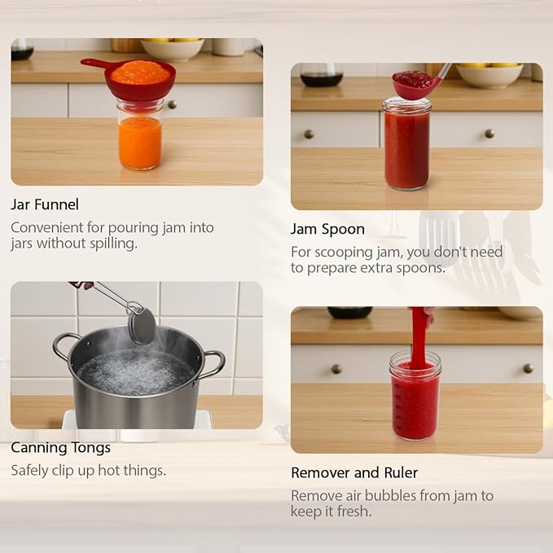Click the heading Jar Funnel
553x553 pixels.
pos(45,204)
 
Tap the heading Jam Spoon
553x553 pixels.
pos(327,230)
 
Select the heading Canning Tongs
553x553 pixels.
pos(60,448)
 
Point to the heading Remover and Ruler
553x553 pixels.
pos(354,472)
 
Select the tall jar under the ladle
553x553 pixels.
pos(407,145)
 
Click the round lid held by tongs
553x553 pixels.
pos(143,326)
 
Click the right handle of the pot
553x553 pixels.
pos(213,364)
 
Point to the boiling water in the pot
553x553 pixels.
pos(136,372)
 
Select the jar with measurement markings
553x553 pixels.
pos(415,396)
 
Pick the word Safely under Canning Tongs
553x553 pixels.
pos(29,471)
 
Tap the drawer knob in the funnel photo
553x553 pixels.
pos(172,104)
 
